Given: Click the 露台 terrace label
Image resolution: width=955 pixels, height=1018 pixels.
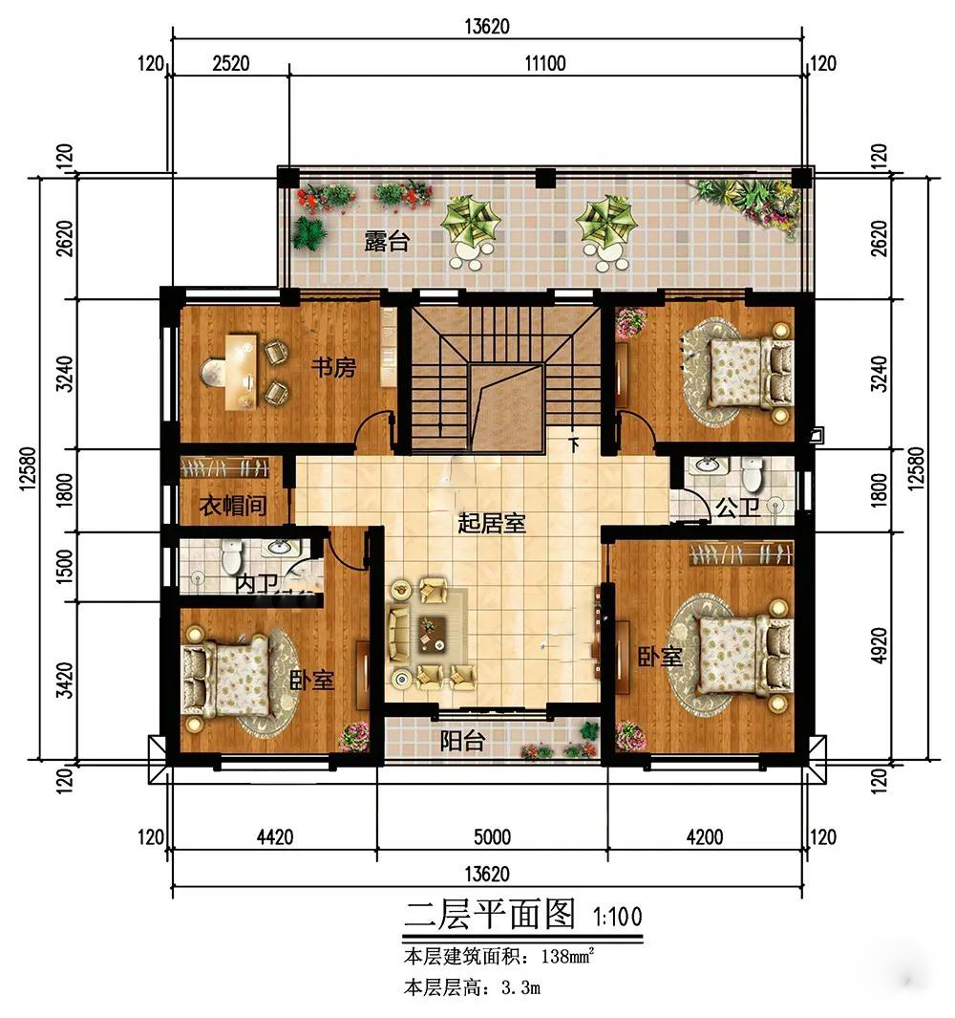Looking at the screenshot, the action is tap(387, 241).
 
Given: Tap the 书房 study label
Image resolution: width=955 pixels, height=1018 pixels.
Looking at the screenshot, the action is tap(333, 367).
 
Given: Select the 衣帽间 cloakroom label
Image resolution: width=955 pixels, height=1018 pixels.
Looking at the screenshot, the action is tap(233, 505).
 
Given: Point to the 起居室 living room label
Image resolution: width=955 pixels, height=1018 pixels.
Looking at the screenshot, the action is tap(491, 523).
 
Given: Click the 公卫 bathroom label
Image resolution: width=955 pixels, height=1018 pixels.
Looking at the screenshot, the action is tap(737, 507).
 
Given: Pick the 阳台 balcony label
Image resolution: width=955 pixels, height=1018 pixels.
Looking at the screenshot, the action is tap(462, 741).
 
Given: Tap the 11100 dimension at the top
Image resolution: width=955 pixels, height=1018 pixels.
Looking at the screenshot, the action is tap(545, 63).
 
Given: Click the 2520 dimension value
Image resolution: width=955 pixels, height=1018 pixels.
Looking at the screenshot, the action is tap(231, 63).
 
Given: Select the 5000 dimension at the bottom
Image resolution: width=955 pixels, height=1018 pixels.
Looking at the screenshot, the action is tap(492, 837).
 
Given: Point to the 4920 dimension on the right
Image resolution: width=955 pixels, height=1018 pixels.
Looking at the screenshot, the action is tap(880, 644).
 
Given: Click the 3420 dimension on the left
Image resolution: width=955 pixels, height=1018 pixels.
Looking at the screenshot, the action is tap(64, 681).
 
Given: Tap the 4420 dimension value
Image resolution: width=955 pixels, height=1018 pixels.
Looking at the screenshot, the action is tap(274, 837).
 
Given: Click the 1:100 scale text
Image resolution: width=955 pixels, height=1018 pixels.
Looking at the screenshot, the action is tap(618, 917).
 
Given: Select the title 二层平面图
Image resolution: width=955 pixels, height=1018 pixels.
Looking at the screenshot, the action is tap(490, 914).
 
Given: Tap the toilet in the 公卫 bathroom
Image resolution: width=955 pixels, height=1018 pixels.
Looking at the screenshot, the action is tap(752, 475).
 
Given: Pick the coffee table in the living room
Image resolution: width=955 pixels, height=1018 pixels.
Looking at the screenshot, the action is tap(433, 633).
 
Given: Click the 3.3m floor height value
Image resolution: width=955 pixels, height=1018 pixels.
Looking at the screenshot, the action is tap(521, 988).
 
